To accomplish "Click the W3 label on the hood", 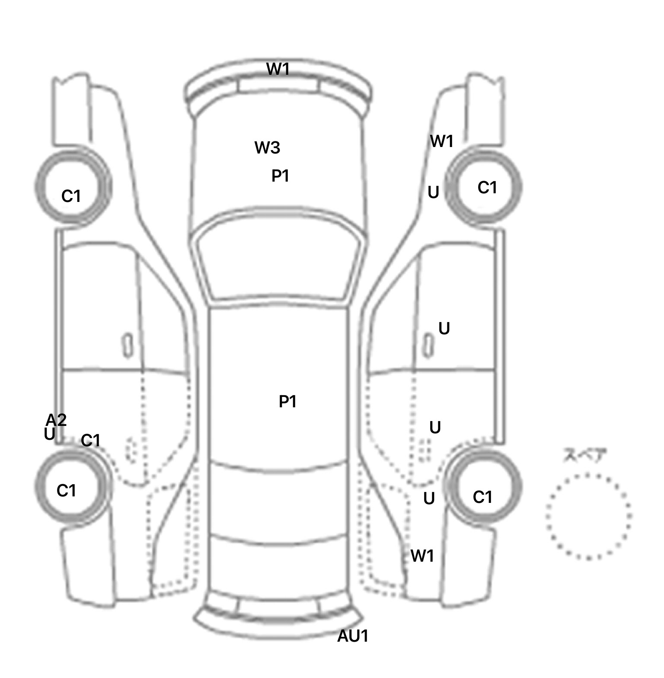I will tap(267, 148).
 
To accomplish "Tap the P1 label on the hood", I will tap(280, 176).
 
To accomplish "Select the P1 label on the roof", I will tap(287, 402).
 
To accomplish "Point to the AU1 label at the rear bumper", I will tap(353, 636).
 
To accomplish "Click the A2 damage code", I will tap(56, 420).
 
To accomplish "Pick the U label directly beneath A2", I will tap(49, 434).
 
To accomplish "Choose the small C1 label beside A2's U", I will tap(90, 441).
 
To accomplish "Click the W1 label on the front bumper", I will tap(278, 69).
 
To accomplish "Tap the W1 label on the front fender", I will tap(442, 141).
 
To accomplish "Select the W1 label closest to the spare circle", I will tap(422, 556).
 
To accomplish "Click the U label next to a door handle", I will tap(444, 329).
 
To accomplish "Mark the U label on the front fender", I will tap(433, 192).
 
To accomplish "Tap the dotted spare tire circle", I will tap(588, 516).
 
